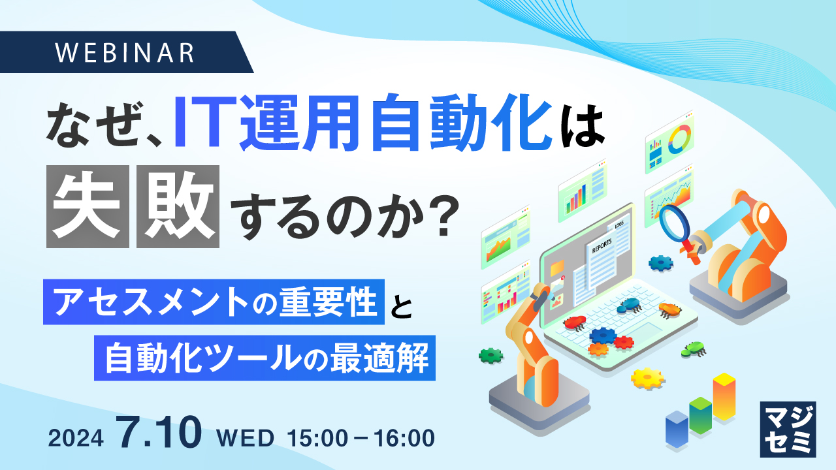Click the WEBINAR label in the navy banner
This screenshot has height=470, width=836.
click(125, 52)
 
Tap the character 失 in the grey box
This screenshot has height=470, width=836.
click(88, 208)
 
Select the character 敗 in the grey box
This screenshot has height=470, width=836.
click(178, 208)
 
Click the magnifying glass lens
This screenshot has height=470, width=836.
click(673, 222)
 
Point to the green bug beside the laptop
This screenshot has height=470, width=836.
click(693, 349)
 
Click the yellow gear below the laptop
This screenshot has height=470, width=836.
click(647, 377)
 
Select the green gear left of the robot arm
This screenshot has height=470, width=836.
click(490, 355)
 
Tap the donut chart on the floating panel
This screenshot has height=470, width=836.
click(680, 138)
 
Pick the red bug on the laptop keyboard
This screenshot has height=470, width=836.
click(575, 322)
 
